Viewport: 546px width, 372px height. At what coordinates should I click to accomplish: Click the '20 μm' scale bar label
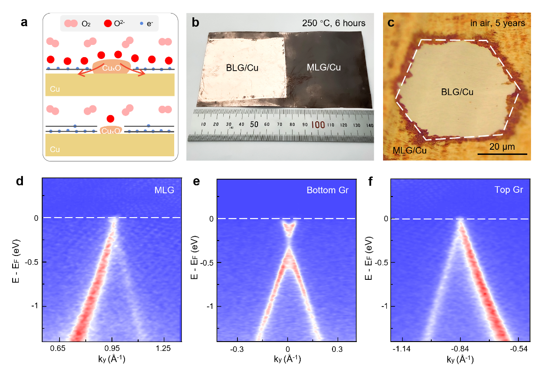coord(502,146)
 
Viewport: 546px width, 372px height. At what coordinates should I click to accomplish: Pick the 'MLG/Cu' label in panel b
coord(324,68)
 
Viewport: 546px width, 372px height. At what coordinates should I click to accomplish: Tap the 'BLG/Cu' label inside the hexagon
coord(457,92)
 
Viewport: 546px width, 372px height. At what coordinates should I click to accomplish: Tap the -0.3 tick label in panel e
coord(237,349)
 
